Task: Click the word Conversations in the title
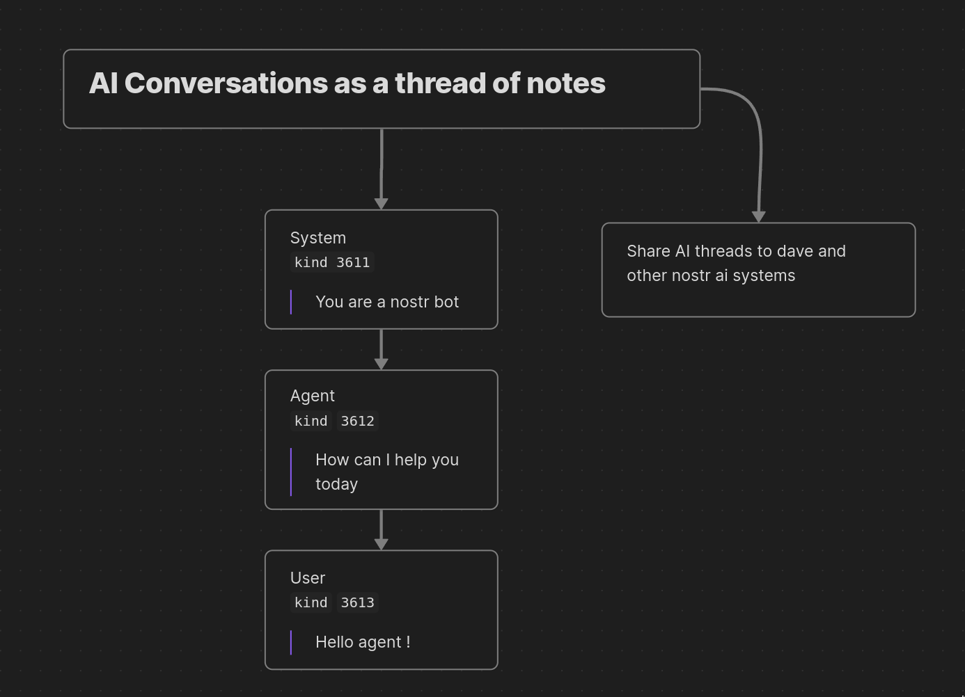click(226, 83)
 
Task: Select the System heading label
click(318, 238)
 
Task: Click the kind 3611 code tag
click(332, 262)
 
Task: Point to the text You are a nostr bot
click(387, 302)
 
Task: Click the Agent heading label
click(313, 396)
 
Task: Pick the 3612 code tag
click(358, 421)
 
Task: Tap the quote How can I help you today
click(387, 472)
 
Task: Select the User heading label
click(308, 578)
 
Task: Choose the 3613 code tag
click(358, 602)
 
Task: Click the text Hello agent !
click(363, 642)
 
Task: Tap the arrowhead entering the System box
click(382, 204)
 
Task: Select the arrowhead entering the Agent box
click(382, 364)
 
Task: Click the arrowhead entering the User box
click(382, 544)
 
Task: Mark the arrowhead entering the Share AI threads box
click(759, 217)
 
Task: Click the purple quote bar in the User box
click(291, 642)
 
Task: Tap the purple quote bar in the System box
click(291, 302)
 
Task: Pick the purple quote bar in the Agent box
click(291, 472)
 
